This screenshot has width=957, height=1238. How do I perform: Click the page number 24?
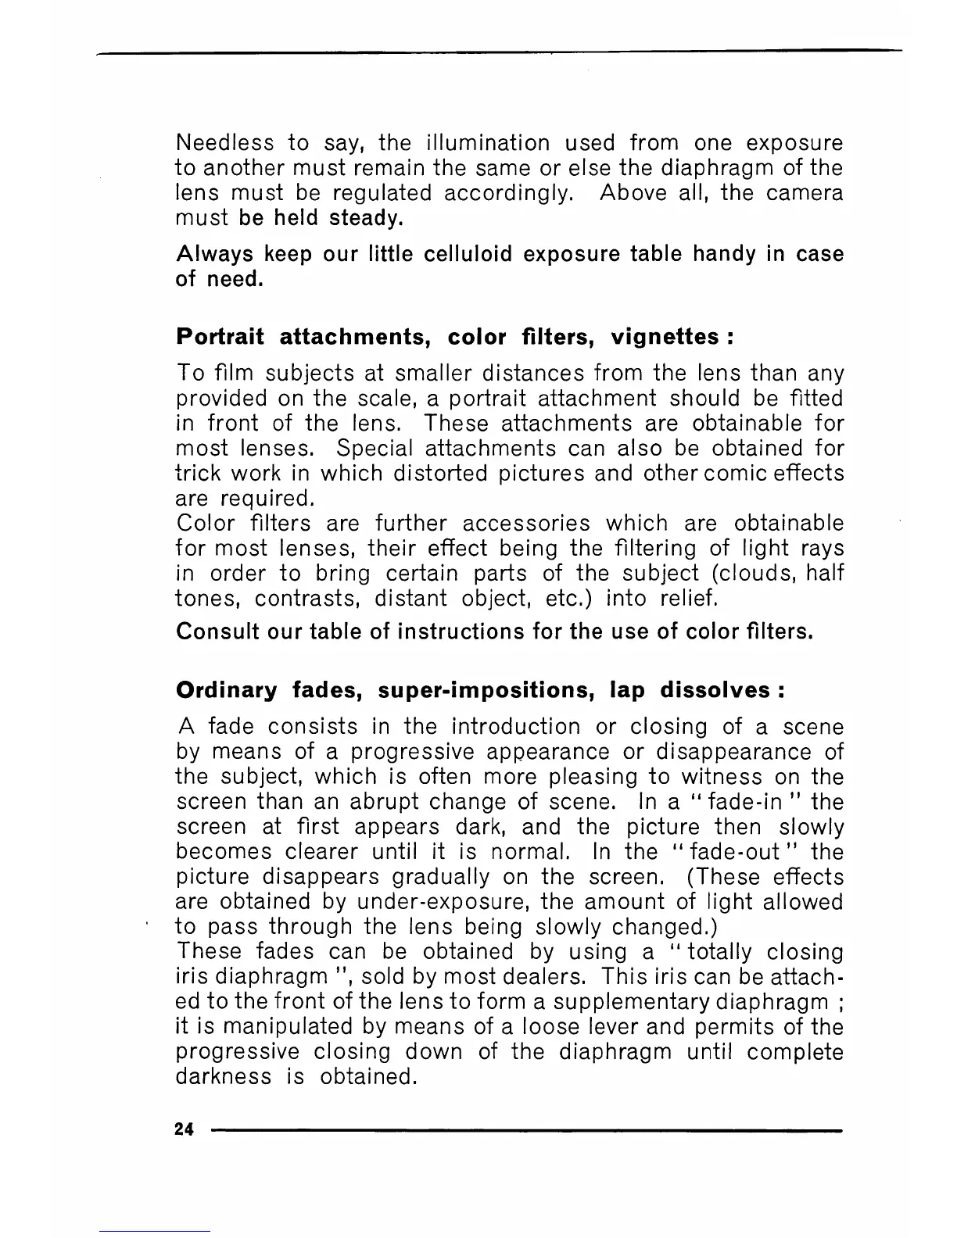pos(185,1129)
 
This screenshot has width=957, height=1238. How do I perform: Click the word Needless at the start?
pos(225,143)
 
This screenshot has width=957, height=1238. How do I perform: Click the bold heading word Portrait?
pos(220,337)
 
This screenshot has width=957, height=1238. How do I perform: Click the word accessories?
pos(526,523)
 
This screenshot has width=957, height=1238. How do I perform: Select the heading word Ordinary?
pos(227,691)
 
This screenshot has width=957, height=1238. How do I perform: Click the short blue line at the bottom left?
pos(155,1231)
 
